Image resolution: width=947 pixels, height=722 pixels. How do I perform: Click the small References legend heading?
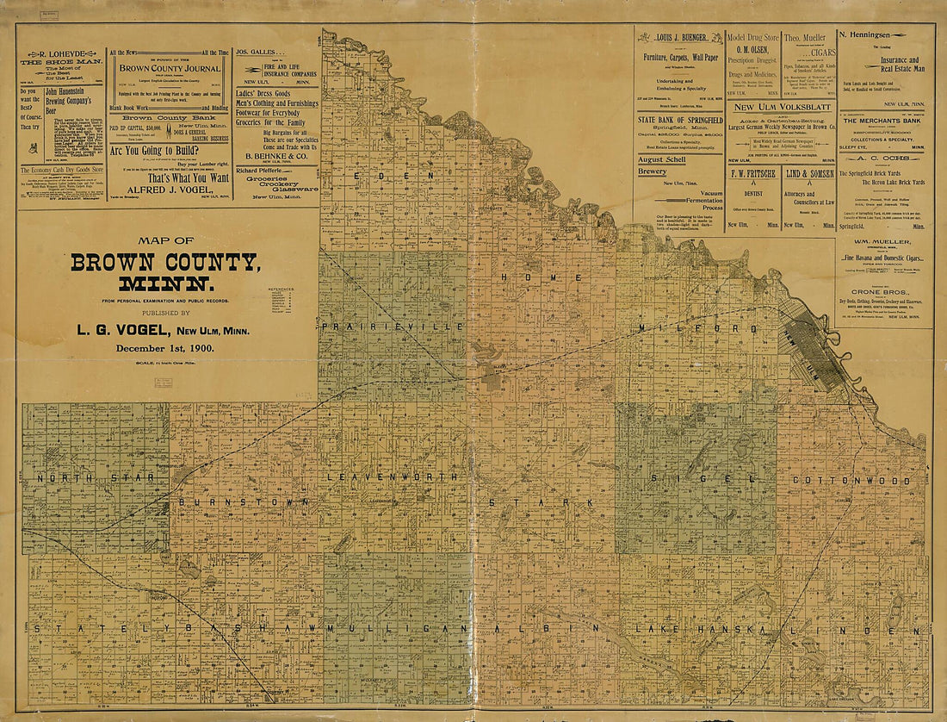click(281, 289)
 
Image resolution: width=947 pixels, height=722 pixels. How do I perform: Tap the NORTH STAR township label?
click(95, 476)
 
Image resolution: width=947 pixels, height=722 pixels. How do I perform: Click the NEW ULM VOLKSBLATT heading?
click(782, 106)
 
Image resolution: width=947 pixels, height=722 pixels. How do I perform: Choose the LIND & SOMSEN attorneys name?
click(809, 173)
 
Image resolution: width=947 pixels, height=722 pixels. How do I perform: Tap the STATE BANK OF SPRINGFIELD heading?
click(680, 119)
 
